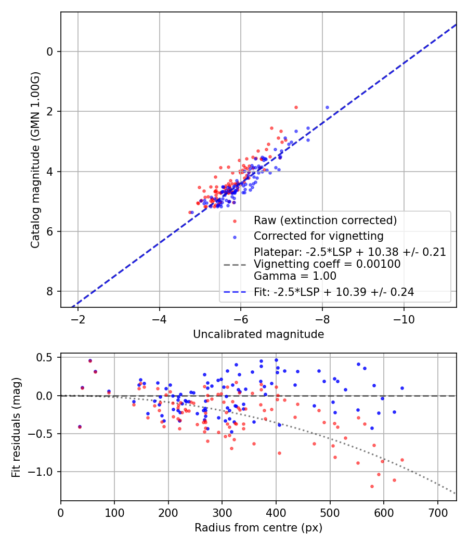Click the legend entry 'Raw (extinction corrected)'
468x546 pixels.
click(325, 220)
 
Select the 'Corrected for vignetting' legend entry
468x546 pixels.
click(319, 236)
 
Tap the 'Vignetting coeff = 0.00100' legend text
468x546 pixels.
click(327, 264)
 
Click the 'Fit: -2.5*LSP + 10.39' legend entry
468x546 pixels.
click(334, 292)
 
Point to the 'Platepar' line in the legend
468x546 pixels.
click(349, 252)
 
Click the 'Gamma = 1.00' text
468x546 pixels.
click(295, 276)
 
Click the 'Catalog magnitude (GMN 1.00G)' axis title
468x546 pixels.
click(35, 160)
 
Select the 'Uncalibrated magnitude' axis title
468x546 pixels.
click(258, 334)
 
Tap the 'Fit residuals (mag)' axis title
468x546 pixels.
click(16, 427)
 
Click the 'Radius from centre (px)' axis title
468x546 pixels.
click(258, 528)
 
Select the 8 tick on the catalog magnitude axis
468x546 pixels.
click(50, 291)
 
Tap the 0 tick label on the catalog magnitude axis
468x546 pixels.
click(50, 51)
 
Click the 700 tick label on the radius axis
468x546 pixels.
click(437, 513)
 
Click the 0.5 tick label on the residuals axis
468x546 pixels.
click(45, 358)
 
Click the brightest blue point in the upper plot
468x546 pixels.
click(327, 107)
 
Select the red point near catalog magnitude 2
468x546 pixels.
click(296, 107)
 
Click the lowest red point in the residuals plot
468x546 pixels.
click(372, 486)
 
